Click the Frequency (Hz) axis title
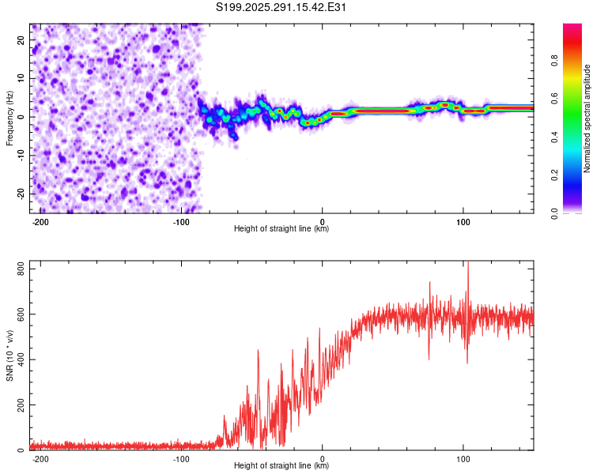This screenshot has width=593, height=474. (x=9, y=118)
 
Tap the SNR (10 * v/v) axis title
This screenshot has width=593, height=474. (x=9, y=355)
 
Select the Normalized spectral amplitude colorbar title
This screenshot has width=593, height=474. (x=587, y=118)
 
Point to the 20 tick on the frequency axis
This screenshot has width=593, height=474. (x=21, y=39)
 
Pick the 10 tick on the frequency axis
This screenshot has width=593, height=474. (x=21, y=78)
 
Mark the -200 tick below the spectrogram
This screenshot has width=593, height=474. (x=40, y=221)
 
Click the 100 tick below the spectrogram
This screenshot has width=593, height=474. (x=463, y=221)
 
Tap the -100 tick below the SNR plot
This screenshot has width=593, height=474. (x=181, y=458)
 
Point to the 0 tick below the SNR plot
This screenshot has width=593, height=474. (x=322, y=458)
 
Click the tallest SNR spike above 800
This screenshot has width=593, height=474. (x=468, y=264)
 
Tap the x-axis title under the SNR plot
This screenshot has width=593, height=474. (x=281, y=466)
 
